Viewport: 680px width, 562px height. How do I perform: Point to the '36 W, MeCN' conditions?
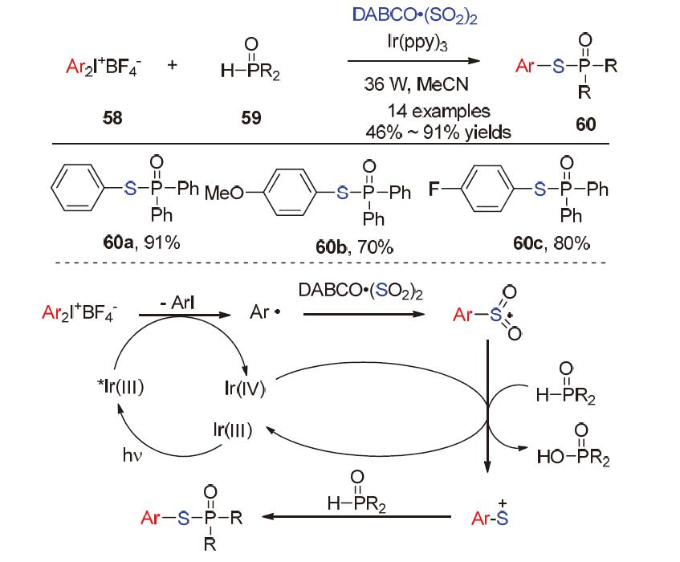click(414, 83)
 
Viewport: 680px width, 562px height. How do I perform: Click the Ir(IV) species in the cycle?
click(245, 389)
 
